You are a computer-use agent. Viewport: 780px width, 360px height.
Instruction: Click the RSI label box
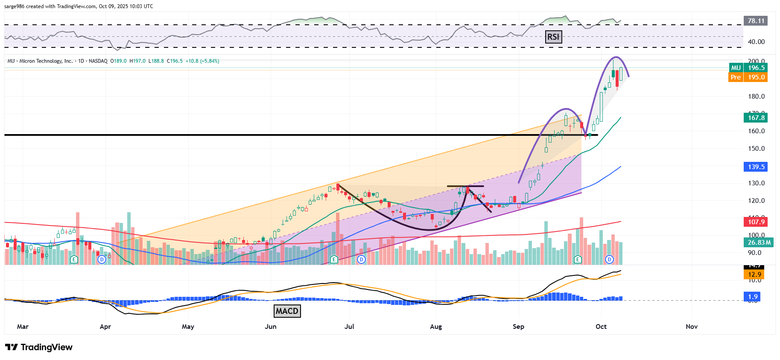click(553, 37)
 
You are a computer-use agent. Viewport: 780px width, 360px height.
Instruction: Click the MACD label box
click(286, 311)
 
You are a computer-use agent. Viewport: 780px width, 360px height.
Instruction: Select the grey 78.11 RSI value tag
click(756, 20)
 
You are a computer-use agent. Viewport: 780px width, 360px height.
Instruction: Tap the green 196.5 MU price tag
click(756, 67)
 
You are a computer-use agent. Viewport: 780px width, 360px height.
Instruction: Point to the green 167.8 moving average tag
click(756, 117)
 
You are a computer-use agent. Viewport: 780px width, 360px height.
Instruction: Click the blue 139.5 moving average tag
click(756, 167)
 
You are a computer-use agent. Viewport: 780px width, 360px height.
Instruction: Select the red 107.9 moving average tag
click(756, 222)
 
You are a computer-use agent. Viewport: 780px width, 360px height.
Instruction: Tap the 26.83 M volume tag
click(759, 243)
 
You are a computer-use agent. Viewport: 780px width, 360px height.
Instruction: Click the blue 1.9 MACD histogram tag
click(753, 296)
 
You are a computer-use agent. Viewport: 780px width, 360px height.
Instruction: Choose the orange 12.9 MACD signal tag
click(754, 275)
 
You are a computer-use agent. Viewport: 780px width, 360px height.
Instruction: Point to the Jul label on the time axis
click(349, 327)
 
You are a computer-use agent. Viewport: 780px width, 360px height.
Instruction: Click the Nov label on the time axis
click(692, 327)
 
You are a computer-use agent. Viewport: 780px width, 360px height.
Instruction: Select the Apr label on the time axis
click(105, 327)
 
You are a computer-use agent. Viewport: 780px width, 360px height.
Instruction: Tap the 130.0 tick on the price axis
click(756, 183)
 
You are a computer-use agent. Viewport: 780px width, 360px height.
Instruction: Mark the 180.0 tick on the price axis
click(756, 97)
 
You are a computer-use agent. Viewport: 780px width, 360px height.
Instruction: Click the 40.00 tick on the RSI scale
click(756, 42)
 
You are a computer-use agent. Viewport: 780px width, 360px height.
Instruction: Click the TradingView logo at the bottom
click(39, 347)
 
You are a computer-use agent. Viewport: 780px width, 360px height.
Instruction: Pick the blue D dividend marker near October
click(609, 259)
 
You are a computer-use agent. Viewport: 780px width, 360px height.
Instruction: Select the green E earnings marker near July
click(334, 259)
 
